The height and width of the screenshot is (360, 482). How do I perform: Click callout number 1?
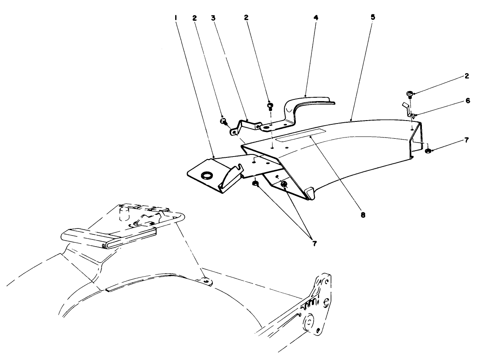tap(175, 18)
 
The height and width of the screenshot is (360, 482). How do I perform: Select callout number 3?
tap(213, 18)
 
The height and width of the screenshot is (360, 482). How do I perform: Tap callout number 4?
tap(316, 18)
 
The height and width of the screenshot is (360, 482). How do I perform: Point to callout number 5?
tap(372, 18)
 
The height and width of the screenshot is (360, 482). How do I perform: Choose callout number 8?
tap(363, 215)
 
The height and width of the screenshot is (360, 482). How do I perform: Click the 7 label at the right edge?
tap(466, 140)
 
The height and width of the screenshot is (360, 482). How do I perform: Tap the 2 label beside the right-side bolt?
tap(466, 77)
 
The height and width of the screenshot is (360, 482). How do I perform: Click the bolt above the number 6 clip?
tap(410, 93)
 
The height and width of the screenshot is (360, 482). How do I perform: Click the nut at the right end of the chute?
tap(428, 150)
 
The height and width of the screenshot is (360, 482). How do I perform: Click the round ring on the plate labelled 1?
tap(207, 175)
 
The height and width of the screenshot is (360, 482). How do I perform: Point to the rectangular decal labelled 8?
tap(300, 138)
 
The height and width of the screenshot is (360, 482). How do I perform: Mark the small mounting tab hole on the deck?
tap(205, 280)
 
